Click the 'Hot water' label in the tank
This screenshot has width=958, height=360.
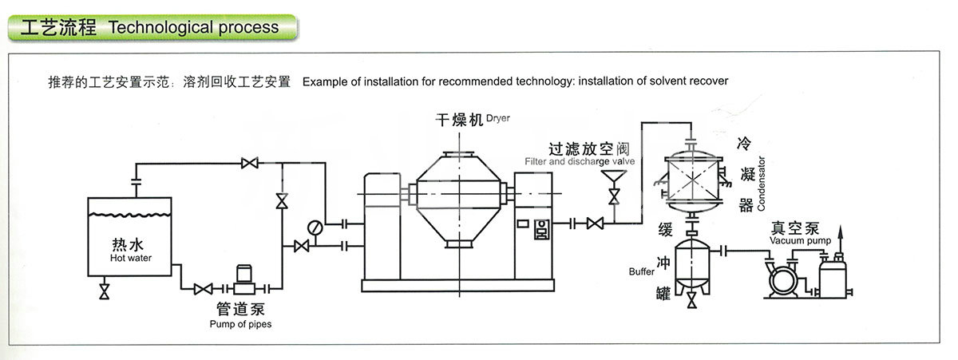pyautogui.click(x=131, y=258)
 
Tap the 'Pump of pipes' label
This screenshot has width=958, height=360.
pyautogui.click(x=240, y=324)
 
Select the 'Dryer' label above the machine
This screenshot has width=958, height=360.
pyautogui.click(x=498, y=118)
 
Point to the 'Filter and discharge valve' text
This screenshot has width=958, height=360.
pyautogui.click(x=580, y=161)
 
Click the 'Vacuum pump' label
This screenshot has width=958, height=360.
pyautogui.click(x=800, y=241)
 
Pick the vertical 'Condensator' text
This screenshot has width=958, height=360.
pyautogui.click(x=761, y=184)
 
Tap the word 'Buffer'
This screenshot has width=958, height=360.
pyautogui.click(x=642, y=271)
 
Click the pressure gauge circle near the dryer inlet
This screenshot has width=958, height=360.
pyautogui.click(x=315, y=227)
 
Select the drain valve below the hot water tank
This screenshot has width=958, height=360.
pyautogui.click(x=104, y=291)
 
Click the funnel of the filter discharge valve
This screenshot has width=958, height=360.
pyautogui.click(x=614, y=176)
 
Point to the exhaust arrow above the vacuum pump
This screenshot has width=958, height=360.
pyautogui.click(x=840, y=239)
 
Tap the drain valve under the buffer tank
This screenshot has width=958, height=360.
pyautogui.click(x=691, y=300)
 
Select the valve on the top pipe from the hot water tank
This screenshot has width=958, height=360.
pyautogui.click(x=249, y=163)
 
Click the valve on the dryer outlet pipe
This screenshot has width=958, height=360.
pyautogui.click(x=595, y=224)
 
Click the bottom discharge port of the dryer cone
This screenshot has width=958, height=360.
pyautogui.click(x=459, y=243)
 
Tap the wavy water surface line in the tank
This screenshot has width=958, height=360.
pyautogui.click(x=129, y=215)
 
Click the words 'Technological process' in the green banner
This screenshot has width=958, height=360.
pyautogui.click(x=194, y=27)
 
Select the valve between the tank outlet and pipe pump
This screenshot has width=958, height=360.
pyautogui.click(x=203, y=289)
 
